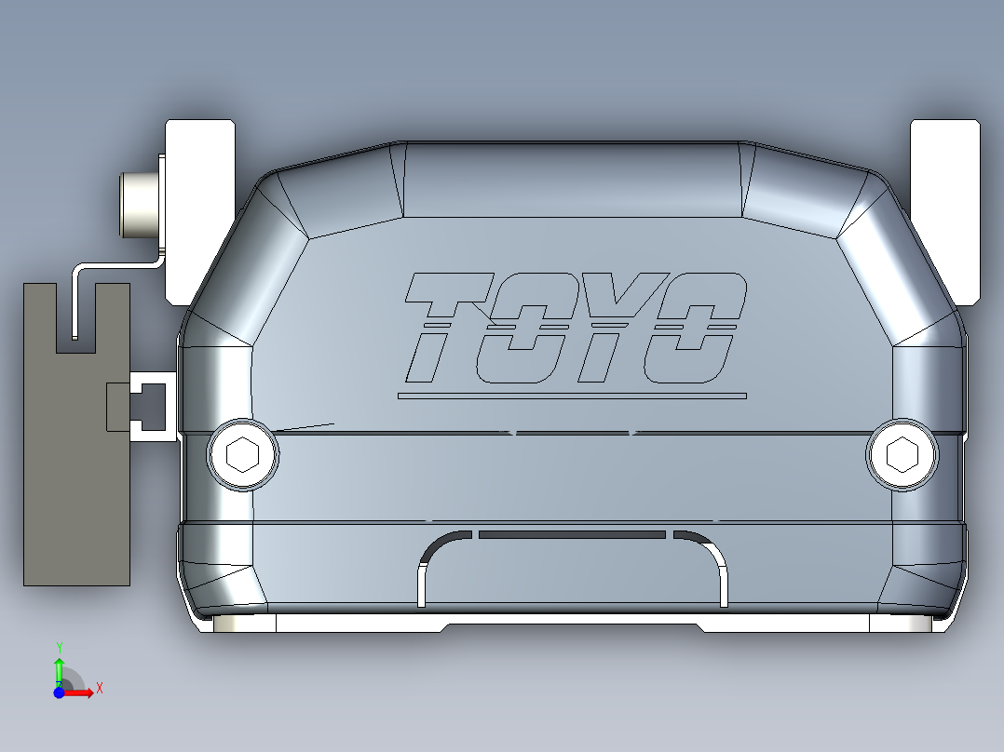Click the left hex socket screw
(243, 455)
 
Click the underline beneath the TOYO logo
(572, 396)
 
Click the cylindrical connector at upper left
(139, 204)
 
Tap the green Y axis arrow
(59, 666)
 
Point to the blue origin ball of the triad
(59, 692)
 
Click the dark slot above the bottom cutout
(572, 535)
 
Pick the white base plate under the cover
(572, 624)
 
